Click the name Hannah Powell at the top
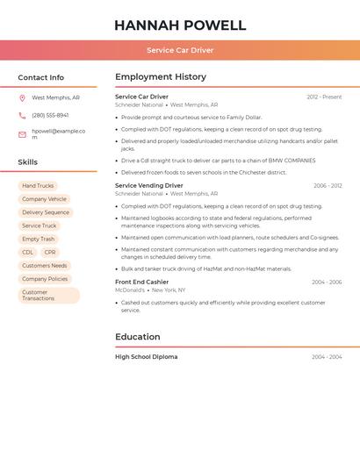[180, 25]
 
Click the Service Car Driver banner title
[180, 50]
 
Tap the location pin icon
[22, 98]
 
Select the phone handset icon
[22, 115]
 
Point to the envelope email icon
[22, 134]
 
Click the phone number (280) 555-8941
[50, 115]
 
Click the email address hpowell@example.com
[58, 133]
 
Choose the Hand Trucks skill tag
[38, 186]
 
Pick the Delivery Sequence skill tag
[45, 212]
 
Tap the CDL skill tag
[28, 252]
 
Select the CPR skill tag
[49, 252]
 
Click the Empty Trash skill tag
[38, 239]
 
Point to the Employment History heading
[161, 77]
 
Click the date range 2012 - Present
[324, 97]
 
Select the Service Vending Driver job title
[149, 186]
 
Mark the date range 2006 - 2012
[328, 186]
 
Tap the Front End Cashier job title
[141, 283]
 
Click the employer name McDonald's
[130, 290]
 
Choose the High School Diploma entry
[146, 357]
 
